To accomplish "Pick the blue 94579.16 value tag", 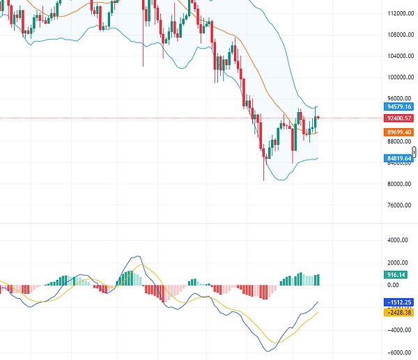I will [x=399, y=107].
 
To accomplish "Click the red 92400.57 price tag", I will [x=399, y=119].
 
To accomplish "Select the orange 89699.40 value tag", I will [x=399, y=132].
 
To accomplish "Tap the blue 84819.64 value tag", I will [x=399, y=159].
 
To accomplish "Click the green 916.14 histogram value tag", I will [x=396, y=275].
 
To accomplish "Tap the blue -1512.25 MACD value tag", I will [x=399, y=302].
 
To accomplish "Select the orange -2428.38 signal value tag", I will [x=399, y=312].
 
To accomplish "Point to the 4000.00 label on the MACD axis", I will [x=398, y=241].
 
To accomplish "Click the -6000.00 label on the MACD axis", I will [x=398, y=352].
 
